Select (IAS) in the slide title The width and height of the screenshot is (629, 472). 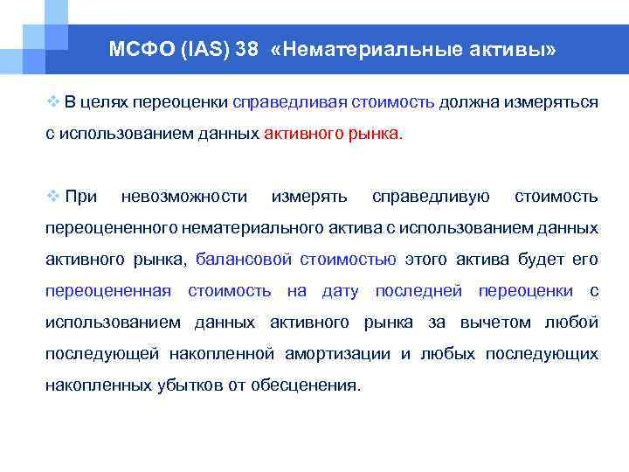pos(203,50)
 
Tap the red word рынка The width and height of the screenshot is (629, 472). pos(377,134)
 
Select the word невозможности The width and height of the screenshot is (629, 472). pos(184,197)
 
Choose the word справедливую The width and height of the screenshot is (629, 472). pos(431,197)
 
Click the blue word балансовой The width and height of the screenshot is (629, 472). pos(244,260)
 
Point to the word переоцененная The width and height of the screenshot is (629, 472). pos(107,291)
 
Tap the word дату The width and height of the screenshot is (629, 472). pos(341,291)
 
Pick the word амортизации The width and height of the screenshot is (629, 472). pos(342,354)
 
